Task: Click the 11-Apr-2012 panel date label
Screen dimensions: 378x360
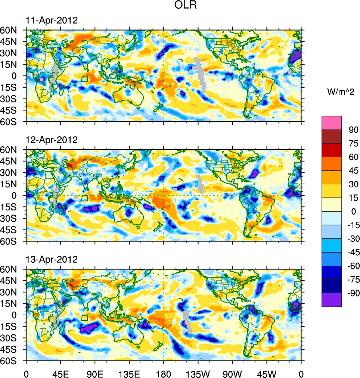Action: tap(52, 21)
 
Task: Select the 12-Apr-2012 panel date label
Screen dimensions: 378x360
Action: tap(52, 140)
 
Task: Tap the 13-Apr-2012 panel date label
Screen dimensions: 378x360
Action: tap(52, 259)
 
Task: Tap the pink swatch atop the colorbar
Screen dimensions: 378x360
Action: tap(332, 122)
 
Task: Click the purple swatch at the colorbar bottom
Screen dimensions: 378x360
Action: tap(332, 300)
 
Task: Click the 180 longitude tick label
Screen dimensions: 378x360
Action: tap(164, 373)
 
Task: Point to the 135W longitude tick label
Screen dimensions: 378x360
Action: tap(198, 373)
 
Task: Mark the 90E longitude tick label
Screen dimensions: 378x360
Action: tap(95, 373)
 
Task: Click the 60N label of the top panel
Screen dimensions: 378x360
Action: tap(11, 30)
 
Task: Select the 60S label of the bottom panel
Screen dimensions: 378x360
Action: tap(11, 361)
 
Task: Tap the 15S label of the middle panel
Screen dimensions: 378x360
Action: tap(11, 207)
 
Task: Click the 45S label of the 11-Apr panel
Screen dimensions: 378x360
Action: tap(11, 110)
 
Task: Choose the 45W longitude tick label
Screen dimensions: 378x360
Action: tap(267, 373)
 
